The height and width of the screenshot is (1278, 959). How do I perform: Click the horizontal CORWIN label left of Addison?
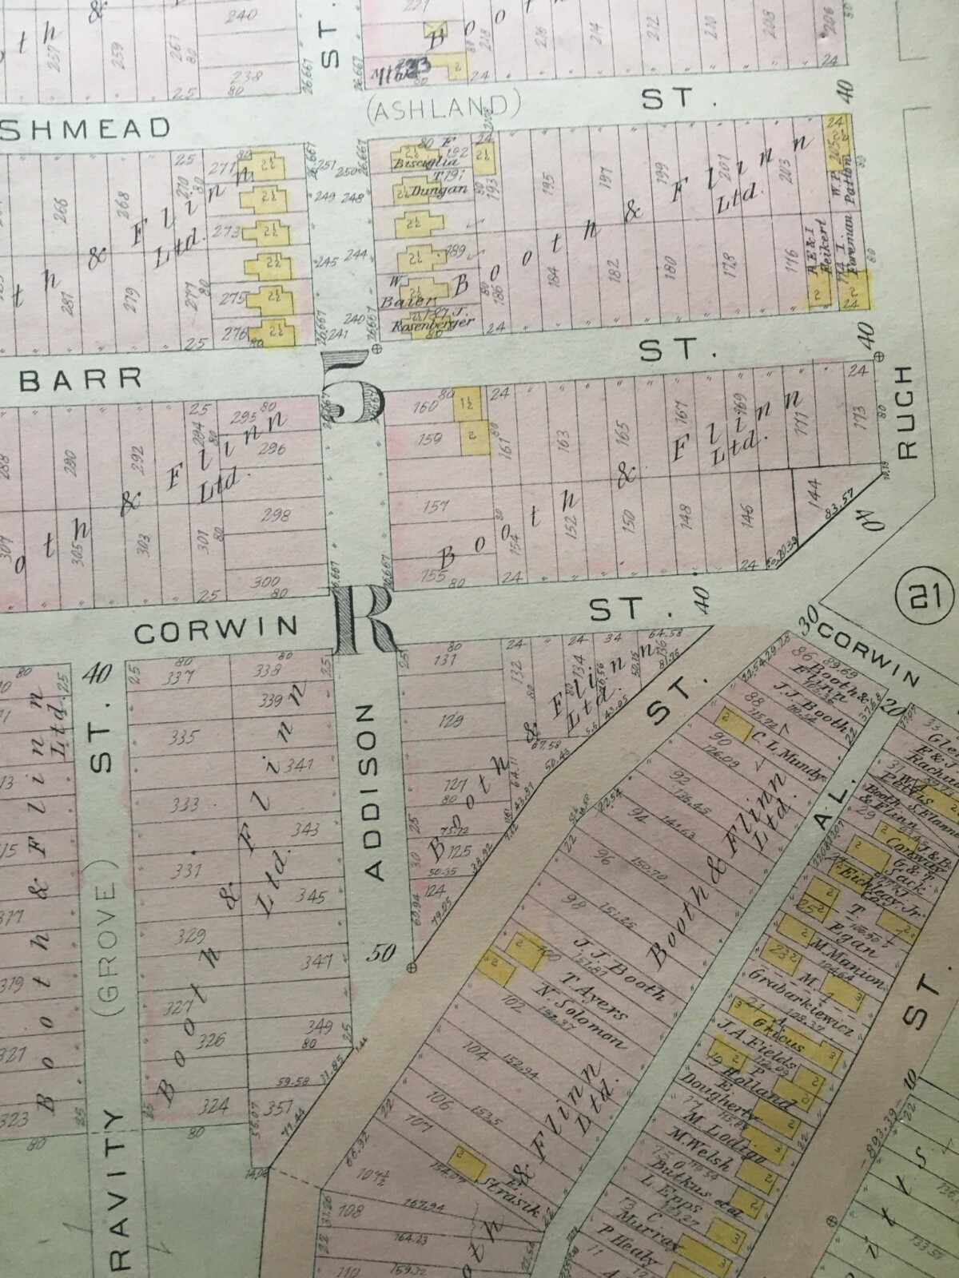click(x=215, y=631)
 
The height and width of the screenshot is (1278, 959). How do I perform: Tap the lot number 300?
click(x=265, y=581)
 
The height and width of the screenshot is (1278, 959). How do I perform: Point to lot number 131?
click(x=444, y=660)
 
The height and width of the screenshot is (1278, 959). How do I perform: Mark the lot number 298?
click(x=277, y=514)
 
